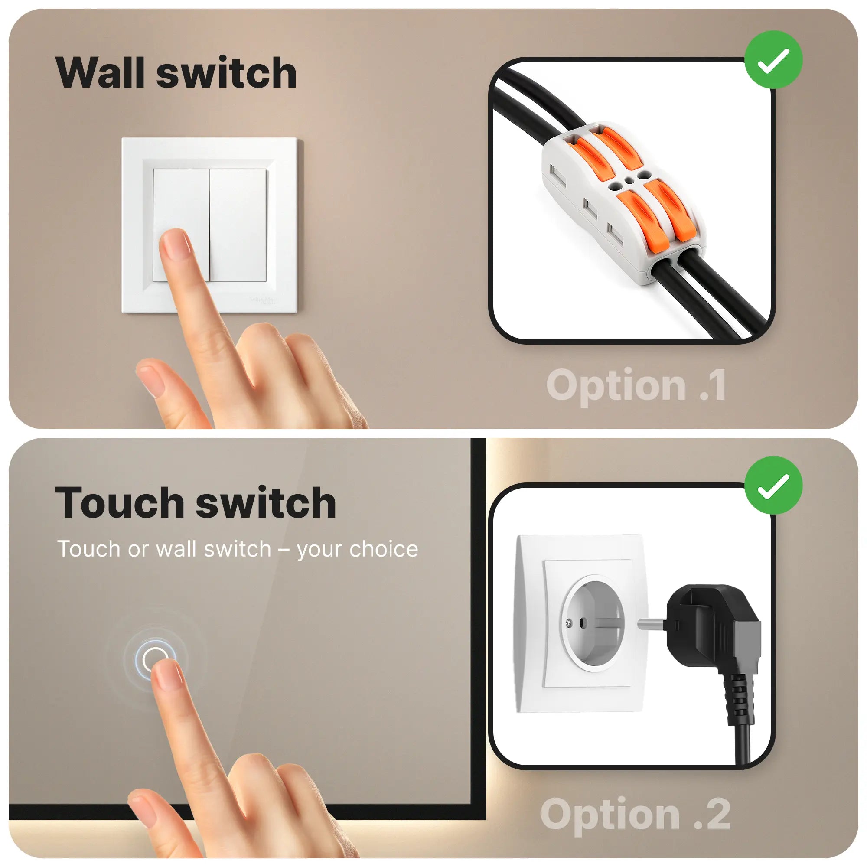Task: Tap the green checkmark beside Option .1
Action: point(773,59)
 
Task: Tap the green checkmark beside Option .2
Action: point(773,485)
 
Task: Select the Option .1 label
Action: point(636,385)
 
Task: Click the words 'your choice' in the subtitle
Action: point(357,549)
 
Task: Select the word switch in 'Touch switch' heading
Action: point(266,502)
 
